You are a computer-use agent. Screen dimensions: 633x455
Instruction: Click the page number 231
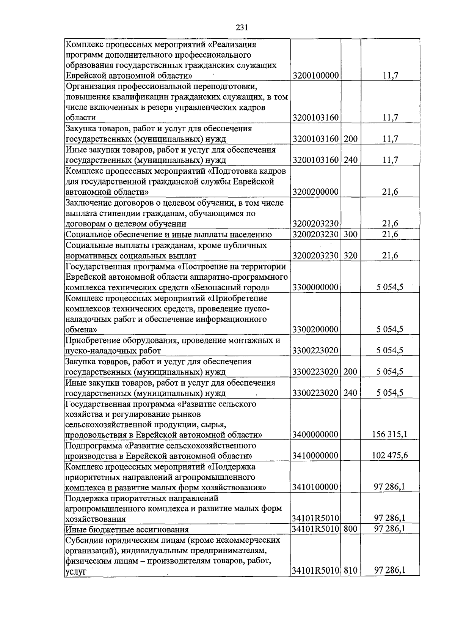[242, 27]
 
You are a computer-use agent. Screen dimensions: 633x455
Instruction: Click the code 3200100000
[315, 76]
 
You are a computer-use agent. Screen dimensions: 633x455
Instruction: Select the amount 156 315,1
[390, 434]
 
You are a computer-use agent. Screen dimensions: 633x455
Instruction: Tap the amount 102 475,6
[390, 455]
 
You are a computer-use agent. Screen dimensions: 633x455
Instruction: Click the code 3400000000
[315, 434]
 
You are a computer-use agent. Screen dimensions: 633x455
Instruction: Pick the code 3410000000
[315, 455]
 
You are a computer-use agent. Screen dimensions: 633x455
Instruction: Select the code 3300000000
[315, 287]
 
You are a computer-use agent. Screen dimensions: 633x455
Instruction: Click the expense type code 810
[351, 581]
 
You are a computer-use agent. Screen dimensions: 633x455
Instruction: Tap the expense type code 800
[351, 528]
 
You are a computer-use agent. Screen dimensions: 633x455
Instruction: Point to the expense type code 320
[351, 255]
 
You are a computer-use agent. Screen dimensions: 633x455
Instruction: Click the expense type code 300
[351, 234]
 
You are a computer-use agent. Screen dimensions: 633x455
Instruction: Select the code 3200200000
[315, 192]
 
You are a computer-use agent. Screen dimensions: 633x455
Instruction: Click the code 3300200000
[315, 329]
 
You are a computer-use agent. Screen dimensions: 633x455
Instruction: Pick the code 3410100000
[315, 487]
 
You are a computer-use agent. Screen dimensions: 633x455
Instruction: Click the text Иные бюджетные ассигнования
[127, 529]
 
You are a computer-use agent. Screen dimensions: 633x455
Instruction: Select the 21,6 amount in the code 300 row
[390, 234]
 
